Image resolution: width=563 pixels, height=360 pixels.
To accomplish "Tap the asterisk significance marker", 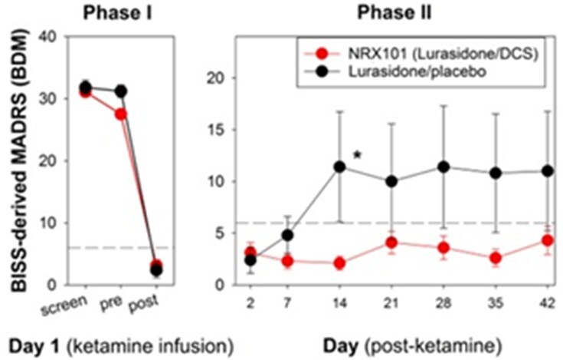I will pos(357,157).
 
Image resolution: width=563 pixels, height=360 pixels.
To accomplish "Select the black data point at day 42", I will pos(548,170).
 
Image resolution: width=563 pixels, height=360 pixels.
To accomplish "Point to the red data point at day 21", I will pos(392,243).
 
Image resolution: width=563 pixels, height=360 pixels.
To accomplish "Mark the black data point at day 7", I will pos(288,235).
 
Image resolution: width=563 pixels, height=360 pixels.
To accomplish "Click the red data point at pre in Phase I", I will pos(120,114).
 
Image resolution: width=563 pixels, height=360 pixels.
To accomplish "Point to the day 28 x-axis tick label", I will pos(444,301).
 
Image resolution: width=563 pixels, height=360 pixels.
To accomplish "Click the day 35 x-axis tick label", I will pos(496,301).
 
